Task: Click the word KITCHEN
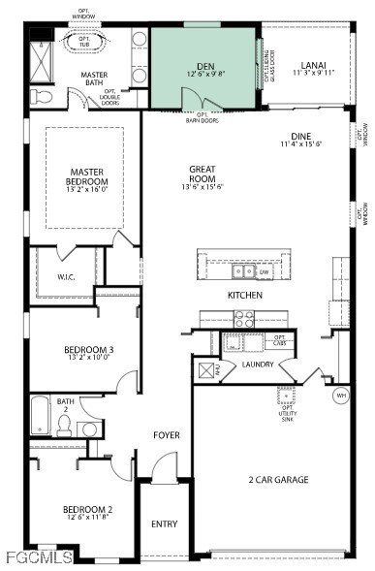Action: click(244, 295)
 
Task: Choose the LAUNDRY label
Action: click(258, 365)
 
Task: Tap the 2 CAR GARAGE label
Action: click(278, 479)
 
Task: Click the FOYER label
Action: click(167, 435)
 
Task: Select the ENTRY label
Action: click(165, 523)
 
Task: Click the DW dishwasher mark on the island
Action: click(264, 272)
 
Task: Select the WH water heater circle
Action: click(340, 396)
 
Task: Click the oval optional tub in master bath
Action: click(81, 43)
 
